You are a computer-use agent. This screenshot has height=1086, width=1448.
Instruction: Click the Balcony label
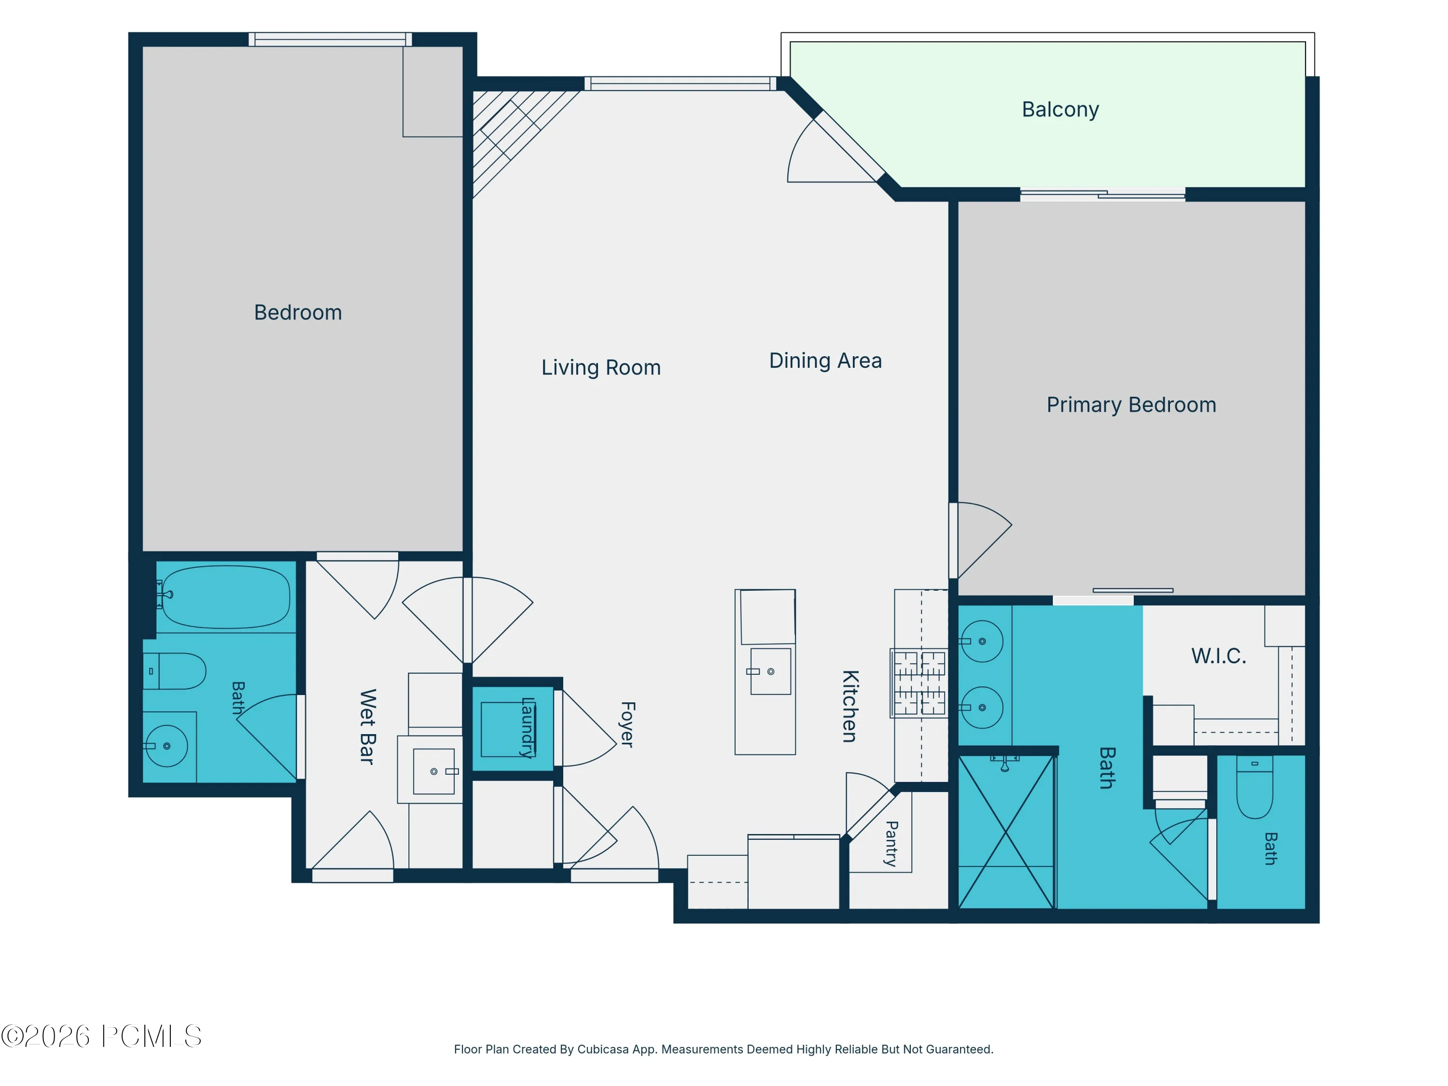(x=1060, y=109)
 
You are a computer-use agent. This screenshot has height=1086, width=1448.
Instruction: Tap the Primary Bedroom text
(x=1131, y=404)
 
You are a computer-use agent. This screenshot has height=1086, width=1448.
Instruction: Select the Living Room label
(x=601, y=367)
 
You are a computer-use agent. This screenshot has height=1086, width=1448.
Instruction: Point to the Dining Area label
(x=825, y=360)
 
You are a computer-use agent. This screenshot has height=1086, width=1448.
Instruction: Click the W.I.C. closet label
(x=1218, y=656)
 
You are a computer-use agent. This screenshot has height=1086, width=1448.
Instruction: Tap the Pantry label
(x=891, y=844)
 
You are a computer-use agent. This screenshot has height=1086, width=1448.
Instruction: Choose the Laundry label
(x=527, y=727)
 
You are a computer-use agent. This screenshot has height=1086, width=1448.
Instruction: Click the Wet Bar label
(x=367, y=726)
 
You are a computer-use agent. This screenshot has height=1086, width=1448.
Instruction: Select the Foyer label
(x=627, y=724)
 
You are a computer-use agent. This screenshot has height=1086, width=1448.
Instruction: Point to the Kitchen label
(x=849, y=706)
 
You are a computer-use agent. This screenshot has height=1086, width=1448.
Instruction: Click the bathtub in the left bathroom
(x=225, y=597)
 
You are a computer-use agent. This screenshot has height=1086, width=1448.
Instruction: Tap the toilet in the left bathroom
(x=174, y=671)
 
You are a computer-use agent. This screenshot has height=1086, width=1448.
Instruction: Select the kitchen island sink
(x=770, y=672)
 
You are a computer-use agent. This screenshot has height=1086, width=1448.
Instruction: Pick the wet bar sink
(x=433, y=771)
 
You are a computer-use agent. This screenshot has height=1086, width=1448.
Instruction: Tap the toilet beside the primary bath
(x=1254, y=787)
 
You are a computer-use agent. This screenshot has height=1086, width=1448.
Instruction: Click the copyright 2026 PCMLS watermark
(x=101, y=1036)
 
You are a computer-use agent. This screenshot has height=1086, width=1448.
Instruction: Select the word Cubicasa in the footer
(x=603, y=1049)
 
